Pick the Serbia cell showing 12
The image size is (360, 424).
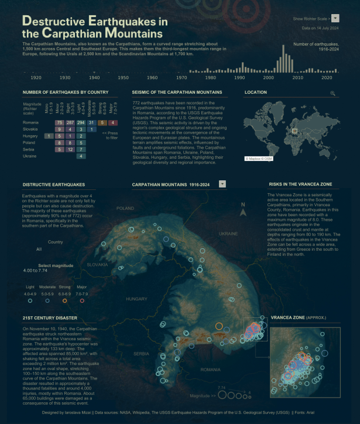click(70, 149)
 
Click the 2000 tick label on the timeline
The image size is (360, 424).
click(268, 77)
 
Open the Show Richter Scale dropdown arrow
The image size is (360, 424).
click(335, 18)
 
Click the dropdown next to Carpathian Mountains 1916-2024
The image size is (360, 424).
click(222, 184)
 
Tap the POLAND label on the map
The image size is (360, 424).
click(125, 208)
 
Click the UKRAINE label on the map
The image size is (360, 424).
click(228, 233)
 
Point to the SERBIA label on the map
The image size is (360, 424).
click(141, 354)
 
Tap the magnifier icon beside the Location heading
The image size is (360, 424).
click(333, 93)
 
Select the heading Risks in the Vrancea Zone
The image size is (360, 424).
click(300, 184)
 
